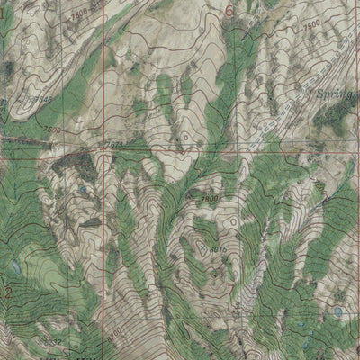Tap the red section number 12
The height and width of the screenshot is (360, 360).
[6, 292]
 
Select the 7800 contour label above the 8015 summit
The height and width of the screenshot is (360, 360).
[211, 197]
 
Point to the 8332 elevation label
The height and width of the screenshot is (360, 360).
[52, 343]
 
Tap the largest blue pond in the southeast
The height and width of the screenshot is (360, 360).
[338, 311]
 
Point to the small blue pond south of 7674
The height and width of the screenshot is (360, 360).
[83, 192]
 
